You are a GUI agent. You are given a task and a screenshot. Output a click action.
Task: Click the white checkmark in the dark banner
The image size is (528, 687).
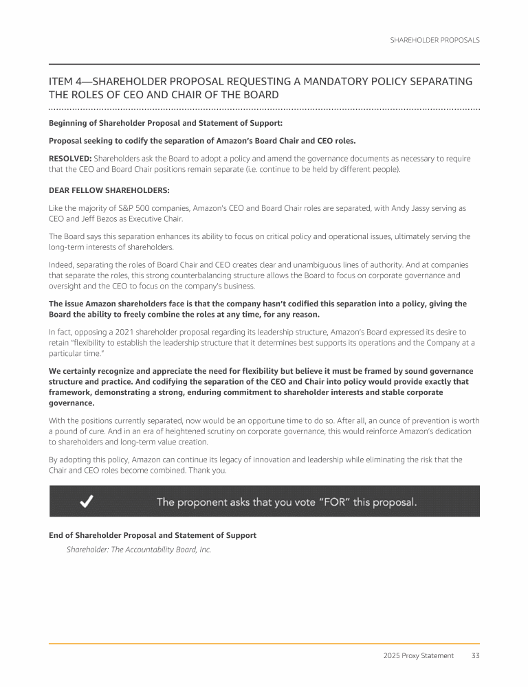(x=87, y=502)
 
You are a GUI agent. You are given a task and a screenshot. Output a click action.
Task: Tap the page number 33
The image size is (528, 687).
(x=475, y=655)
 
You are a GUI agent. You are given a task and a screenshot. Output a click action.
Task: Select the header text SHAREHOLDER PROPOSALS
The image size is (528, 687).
(x=434, y=40)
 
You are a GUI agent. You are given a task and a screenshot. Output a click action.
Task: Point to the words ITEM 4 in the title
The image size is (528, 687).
(x=65, y=82)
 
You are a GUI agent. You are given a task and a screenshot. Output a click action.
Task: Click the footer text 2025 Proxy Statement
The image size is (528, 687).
(x=419, y=655)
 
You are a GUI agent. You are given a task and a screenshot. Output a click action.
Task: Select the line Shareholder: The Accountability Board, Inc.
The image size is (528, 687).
(x=138, y=550)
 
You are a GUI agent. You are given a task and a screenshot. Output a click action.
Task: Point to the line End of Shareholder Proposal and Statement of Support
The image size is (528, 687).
(x=153, y=535)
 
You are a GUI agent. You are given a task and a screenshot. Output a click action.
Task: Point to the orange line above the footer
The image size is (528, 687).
(x=264, y=644)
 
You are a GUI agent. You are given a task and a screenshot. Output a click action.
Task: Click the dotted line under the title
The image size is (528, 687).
(x=264, y=109)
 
